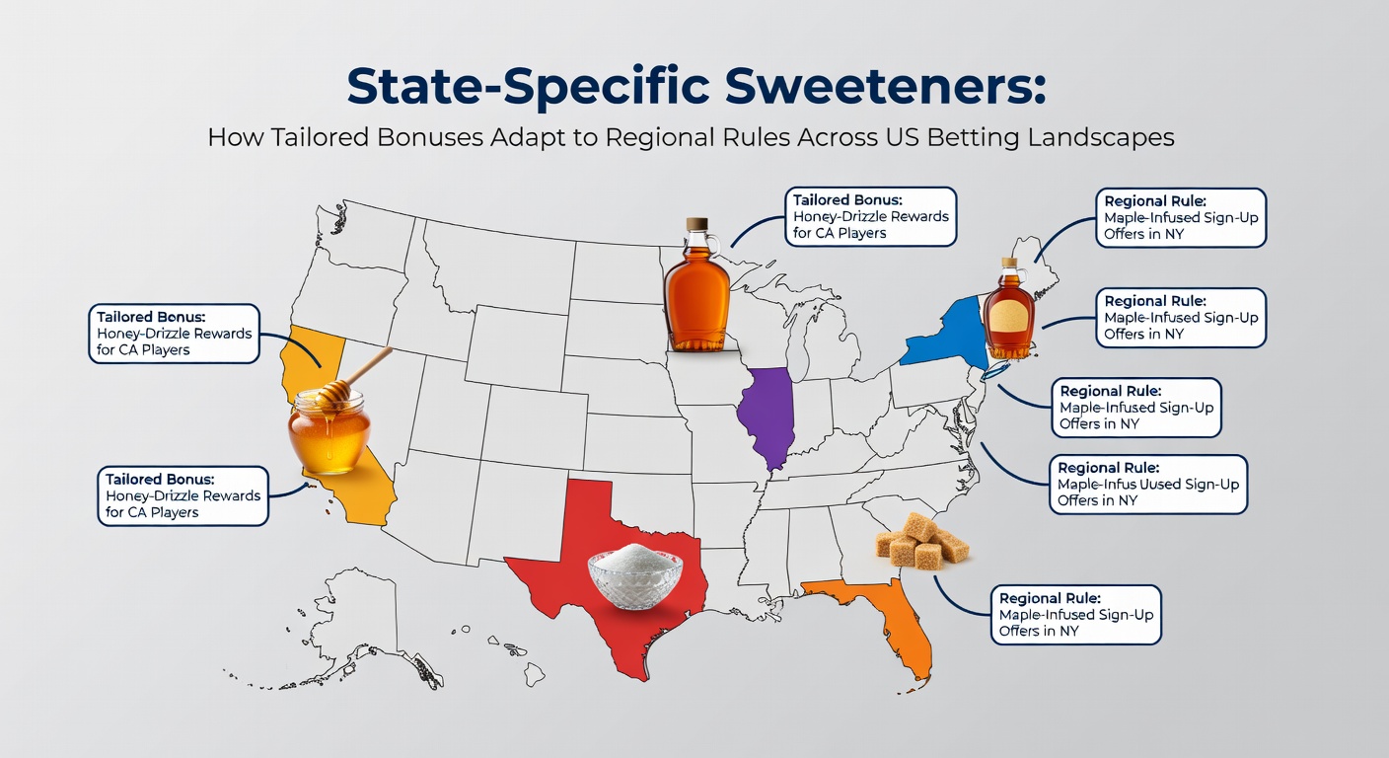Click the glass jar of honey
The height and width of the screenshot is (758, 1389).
coord(329,430)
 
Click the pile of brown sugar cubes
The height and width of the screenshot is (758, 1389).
coord(921,543)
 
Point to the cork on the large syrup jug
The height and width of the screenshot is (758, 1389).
coord(697,225)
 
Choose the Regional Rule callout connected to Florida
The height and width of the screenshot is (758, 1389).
coord(1075,615)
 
